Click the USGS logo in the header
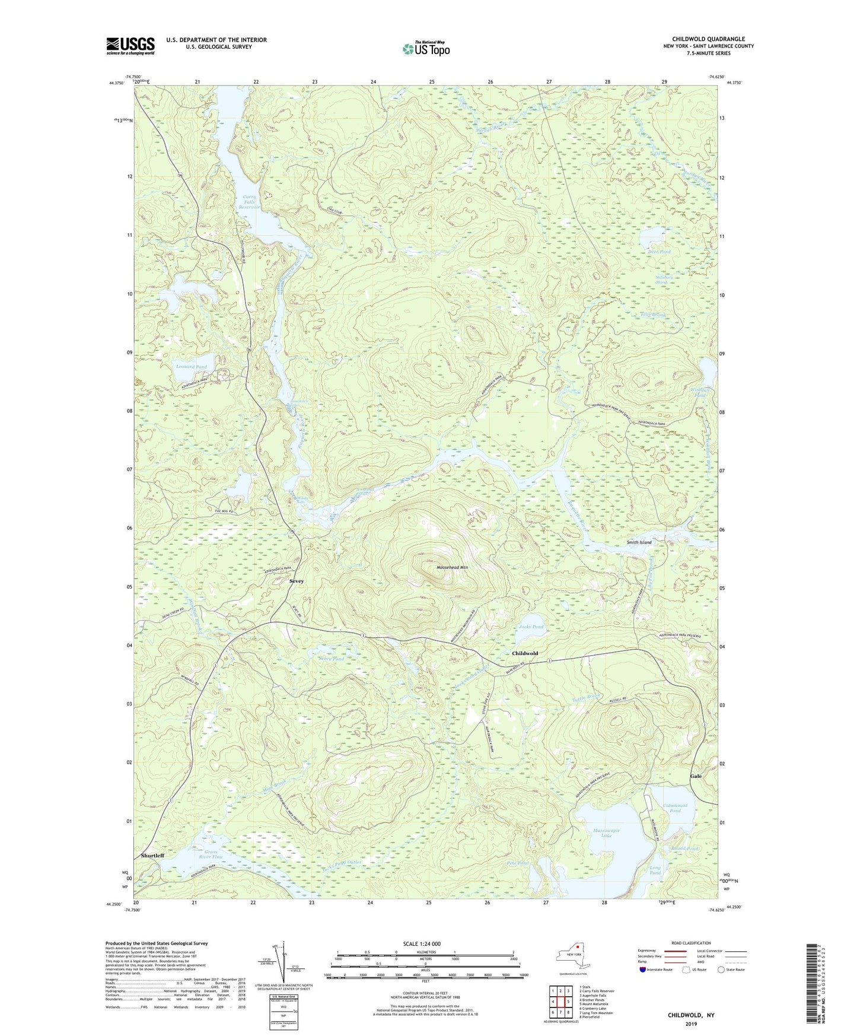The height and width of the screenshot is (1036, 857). [x=130, y=46]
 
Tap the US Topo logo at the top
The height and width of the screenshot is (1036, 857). [x=426, y=49]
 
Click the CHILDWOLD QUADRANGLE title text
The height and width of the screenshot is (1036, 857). [x=708, y=39]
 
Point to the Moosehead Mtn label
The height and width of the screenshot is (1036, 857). [x=452, y=568]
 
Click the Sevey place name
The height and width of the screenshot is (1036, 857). [x=296, y=581]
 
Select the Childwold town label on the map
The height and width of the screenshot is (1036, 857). [x=525, y=653]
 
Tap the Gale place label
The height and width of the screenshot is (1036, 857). [x=696, y=776]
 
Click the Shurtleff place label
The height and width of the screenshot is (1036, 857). [x=153, y=856]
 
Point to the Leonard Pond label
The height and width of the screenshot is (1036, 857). [x=192, y=367]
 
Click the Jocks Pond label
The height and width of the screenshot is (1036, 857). [x=531, y=627]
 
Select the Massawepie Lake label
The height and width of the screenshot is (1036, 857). [x=606, y=833]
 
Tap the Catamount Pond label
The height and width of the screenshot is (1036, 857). [x=674, y=808]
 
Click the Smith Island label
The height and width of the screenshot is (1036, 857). [x=639, y=542]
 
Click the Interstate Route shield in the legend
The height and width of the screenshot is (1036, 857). [x=644, y=970]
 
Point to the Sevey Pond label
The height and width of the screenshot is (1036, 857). [x=331, y=659]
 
